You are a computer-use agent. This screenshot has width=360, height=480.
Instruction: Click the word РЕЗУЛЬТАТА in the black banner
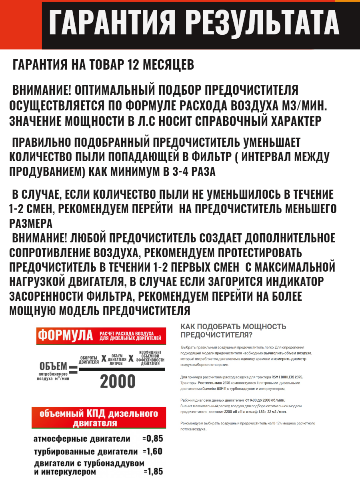click(x=264, y=23)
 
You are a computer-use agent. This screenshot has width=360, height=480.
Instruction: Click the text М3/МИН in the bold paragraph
click(x=294, y=105)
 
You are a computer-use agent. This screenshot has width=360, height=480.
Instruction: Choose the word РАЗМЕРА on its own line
click(x=31, y=223)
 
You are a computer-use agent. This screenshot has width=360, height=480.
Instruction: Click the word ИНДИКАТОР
click(x=294, y=282)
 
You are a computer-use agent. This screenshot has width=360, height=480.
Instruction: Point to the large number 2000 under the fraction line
click(x=118, y=382)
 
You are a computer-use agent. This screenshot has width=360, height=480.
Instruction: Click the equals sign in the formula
click(x=73, y=368)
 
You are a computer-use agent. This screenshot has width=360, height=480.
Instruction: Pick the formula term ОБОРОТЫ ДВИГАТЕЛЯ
click(x=88, y=360)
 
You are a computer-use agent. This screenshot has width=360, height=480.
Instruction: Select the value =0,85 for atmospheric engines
click(x=152, y=438)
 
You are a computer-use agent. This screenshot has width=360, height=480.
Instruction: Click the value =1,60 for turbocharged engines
click(x=152, y=452)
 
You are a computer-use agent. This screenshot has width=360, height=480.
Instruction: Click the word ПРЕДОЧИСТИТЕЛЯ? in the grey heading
click(x=216, y=335)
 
